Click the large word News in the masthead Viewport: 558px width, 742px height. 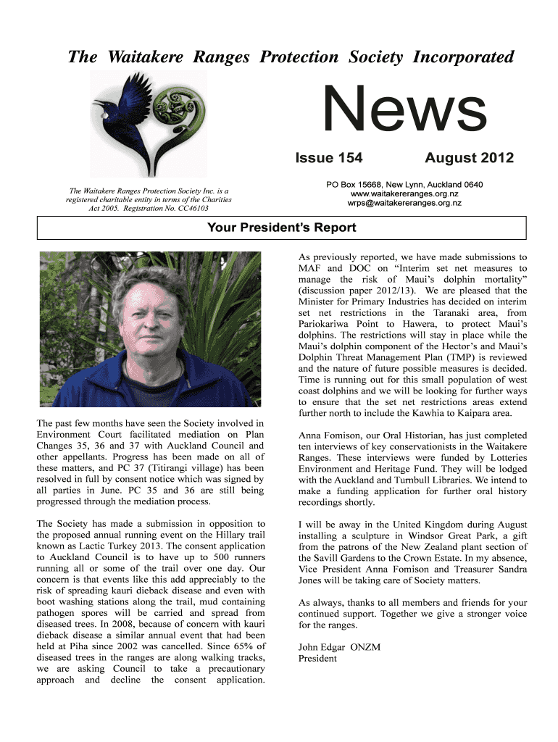[x=404, y=110]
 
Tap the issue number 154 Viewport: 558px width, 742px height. [x=347, y=158]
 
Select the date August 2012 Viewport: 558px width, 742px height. [x=469, y=158]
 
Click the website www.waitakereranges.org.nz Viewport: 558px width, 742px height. [x=405, y=194]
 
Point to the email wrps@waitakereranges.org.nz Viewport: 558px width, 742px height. [x=405, y=204]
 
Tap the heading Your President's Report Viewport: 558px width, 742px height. [x=281, y=228]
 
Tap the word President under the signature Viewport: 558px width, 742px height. [x=317, y=659]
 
